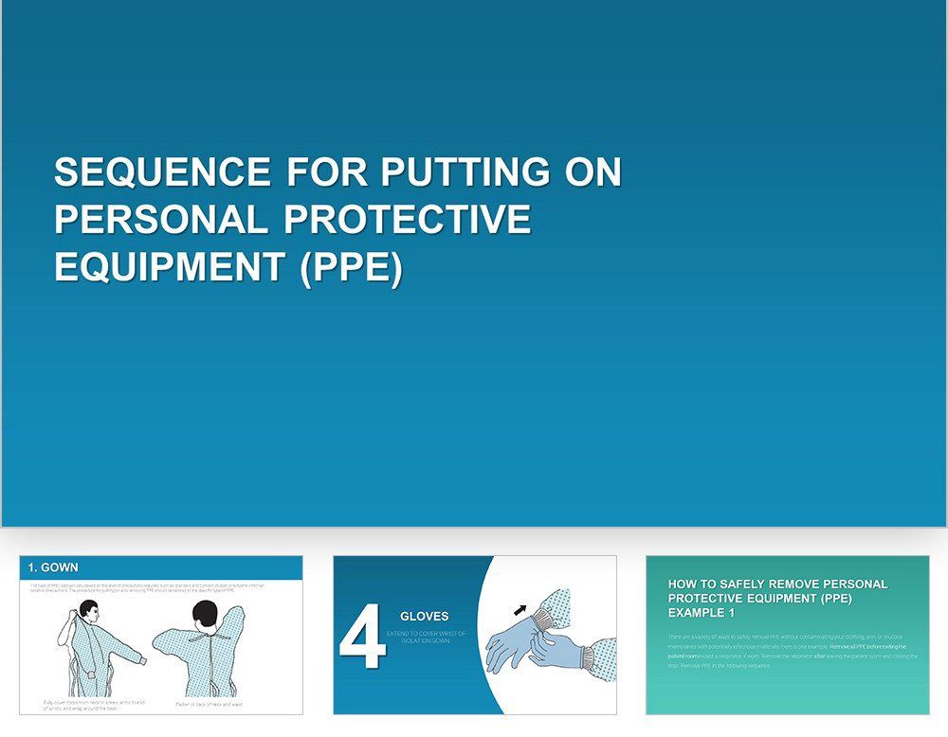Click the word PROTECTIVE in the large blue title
[x=407, y=220]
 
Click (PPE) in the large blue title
[x=351, y=267]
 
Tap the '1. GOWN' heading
[x=53, y=567]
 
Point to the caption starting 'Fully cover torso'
[x=93, y=705]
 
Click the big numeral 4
[x=362, y=641]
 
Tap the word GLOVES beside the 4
[x=424, y=617]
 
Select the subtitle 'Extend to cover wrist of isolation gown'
[x=427, y=637]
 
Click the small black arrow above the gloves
[x=520, y=609]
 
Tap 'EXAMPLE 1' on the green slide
[x=701, y=613]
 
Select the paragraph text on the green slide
[x=787, y=651]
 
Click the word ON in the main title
[x=592, y=172]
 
